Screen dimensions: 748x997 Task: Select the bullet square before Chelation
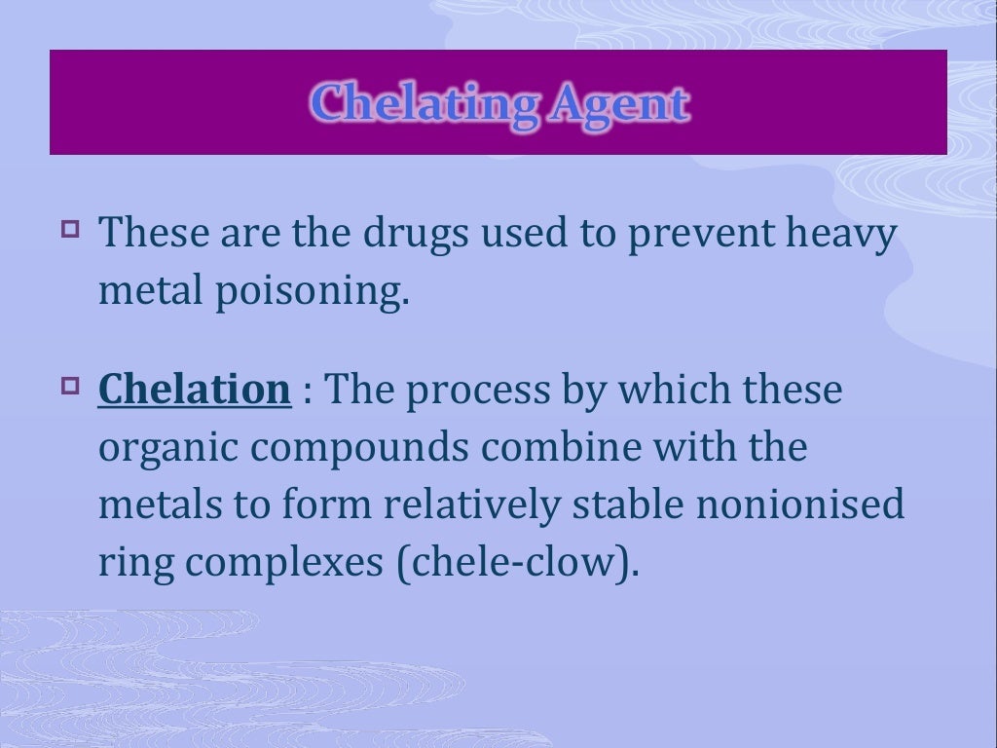click(x=69, y=389)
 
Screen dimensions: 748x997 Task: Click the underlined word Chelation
click(x=195, y=390)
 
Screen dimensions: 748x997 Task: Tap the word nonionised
click(x=832, y=506)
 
